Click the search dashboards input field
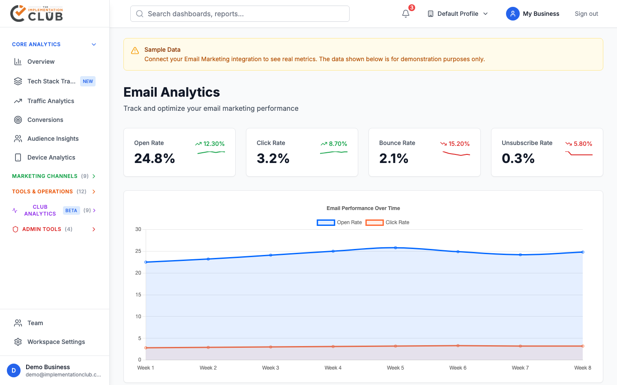click(x=240, y=14)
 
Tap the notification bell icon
click(x=406, y=14)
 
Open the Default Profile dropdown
click(x=458, y=14)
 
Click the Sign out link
click(x=586, y=14)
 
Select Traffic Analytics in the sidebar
click(x=51, y=101)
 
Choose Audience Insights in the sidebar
click(x=53, y=139)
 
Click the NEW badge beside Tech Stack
click(x=88, y=81)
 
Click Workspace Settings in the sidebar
click(x=56, y=342)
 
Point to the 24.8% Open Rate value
click(x=155, y=159)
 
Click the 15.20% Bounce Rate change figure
click(x=459, y=144)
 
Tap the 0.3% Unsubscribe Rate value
click(x=518, y=159)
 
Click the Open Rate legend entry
click(x=339, y=222)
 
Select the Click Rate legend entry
click(x=388, y=222)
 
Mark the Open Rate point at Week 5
click(x=395, y=248)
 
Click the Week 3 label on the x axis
click(x=270, y=368)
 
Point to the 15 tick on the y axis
click(x=138, y=295)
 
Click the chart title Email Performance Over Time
click(x=363, y=208)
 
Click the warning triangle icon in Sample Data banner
click(x=135, y=50)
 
